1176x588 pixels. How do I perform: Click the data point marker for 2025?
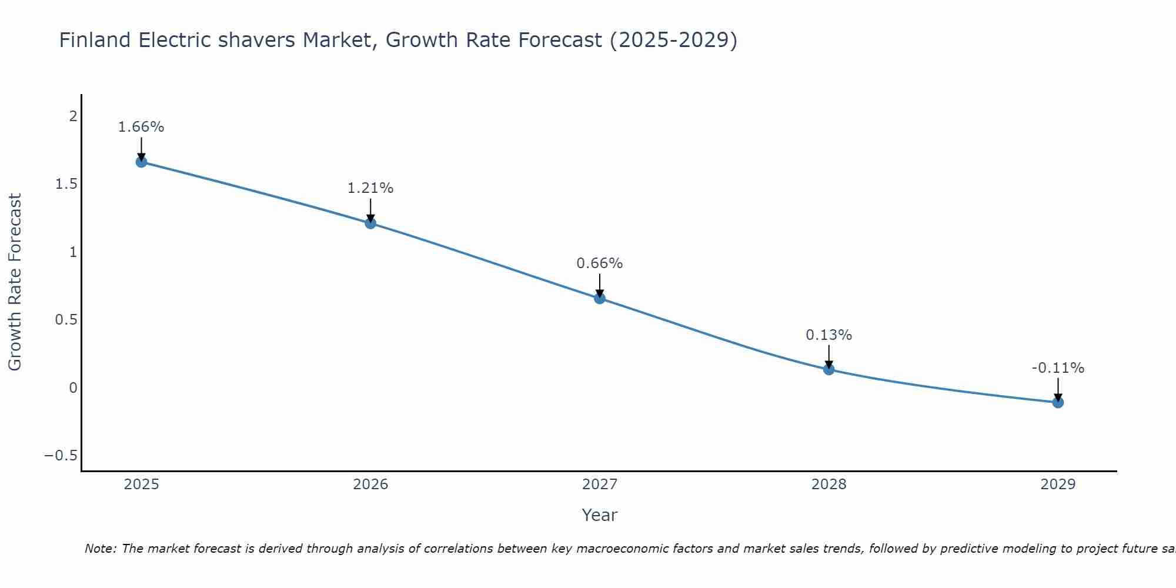(x=141, y=162)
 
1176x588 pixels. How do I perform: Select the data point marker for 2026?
(x=370, y=223)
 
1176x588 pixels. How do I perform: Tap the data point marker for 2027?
(x=599, y=298)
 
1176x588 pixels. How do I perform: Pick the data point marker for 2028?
(x=828, y=369)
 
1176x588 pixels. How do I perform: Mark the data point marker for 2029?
(x=1058, y=402)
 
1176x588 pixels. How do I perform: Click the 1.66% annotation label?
(x=141, y=127)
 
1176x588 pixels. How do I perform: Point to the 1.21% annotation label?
(x=370, y=188)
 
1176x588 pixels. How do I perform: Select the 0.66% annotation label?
(x=599, y=263)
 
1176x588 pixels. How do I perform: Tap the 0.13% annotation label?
(x=828, y=335)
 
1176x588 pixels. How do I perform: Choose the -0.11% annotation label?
(x=1058, y=368)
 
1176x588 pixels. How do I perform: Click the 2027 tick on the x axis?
(x=599, y=485)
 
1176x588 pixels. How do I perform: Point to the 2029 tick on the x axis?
(x=1058, y=485)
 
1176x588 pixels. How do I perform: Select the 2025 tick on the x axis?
(x=141, y=485)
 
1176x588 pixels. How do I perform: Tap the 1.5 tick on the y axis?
(x=66, y=184)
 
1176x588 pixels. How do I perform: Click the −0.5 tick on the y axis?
(x=61, y=456)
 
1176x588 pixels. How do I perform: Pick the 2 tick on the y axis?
(x=73, y=116)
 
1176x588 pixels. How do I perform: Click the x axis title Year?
(x=599, y=515)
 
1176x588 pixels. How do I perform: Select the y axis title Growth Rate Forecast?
(x=15, y=282)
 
